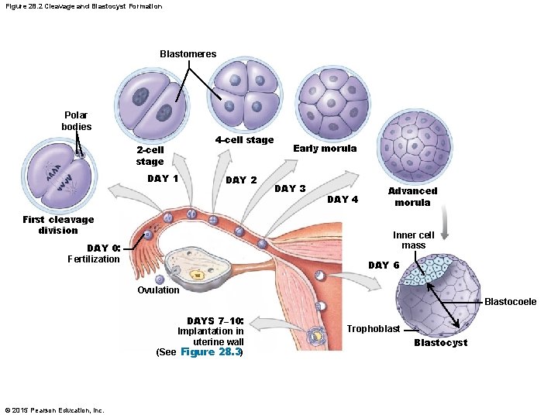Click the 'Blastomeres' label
188,54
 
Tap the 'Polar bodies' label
77,121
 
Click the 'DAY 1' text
164,179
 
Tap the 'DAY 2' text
241,180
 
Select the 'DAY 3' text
291,189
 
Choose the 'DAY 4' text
343,200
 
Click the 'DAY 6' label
384,266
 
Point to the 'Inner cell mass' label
413,240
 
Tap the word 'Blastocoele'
510,302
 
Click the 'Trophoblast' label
373,329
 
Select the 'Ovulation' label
158,290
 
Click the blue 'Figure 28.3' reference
210,352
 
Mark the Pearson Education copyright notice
54,409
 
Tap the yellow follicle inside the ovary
198,274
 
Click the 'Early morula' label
325,149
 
